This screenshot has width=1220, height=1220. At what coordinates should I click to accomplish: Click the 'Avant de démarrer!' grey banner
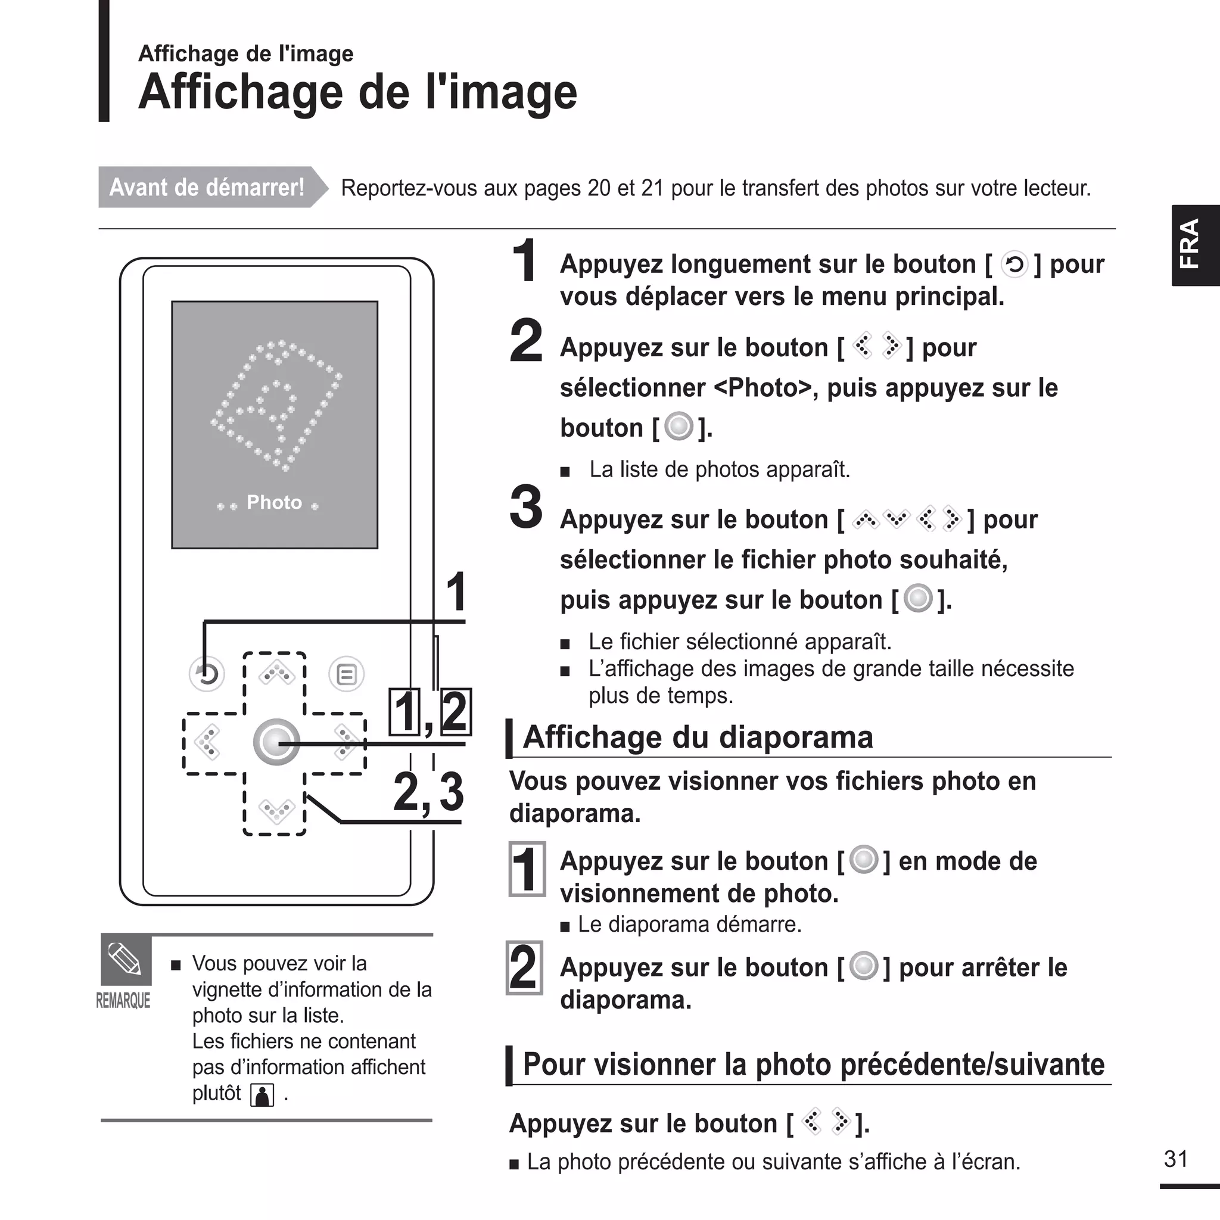pyautogui.click(x=207, y=188)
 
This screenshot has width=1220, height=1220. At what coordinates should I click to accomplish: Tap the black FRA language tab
pyautogui.click(x=1195, y=245)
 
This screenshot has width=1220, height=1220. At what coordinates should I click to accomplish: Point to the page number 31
pyautogui.click(x=1176, y=1159)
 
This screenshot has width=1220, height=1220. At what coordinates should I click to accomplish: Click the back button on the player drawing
pyautogui.click(x=207, y=674)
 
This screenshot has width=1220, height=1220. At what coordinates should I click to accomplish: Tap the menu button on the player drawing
pyautogui.click(x=346, y=674)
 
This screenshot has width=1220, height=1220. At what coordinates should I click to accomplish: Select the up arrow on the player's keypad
pyautogui.click(x=276, y=674)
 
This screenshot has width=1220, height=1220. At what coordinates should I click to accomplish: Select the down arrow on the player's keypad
pyautogui.click(x=276, y=810)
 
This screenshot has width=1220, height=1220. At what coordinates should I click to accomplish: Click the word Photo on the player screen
pyautogui.click(x=274, y=503)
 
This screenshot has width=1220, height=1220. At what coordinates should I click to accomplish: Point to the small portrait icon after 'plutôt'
pyautogui.click(x=262, y=1095)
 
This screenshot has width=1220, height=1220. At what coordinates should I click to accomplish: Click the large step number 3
pyautogui.click(x=526, y=506)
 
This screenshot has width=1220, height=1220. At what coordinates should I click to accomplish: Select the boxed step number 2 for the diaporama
pyautogui.click(x=524, y=968)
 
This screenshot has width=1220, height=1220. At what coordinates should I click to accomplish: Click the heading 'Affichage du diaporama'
pyautogui.click(x=698, y=737)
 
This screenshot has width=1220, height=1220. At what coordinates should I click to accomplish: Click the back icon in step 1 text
pyautogui.click(x=1014, y=264)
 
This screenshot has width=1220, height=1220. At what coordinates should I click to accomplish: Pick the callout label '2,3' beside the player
pyautogui.click(x=428, y=792)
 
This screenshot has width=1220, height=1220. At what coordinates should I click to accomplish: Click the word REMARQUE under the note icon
pyautogui.click(x=123, y=1001)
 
